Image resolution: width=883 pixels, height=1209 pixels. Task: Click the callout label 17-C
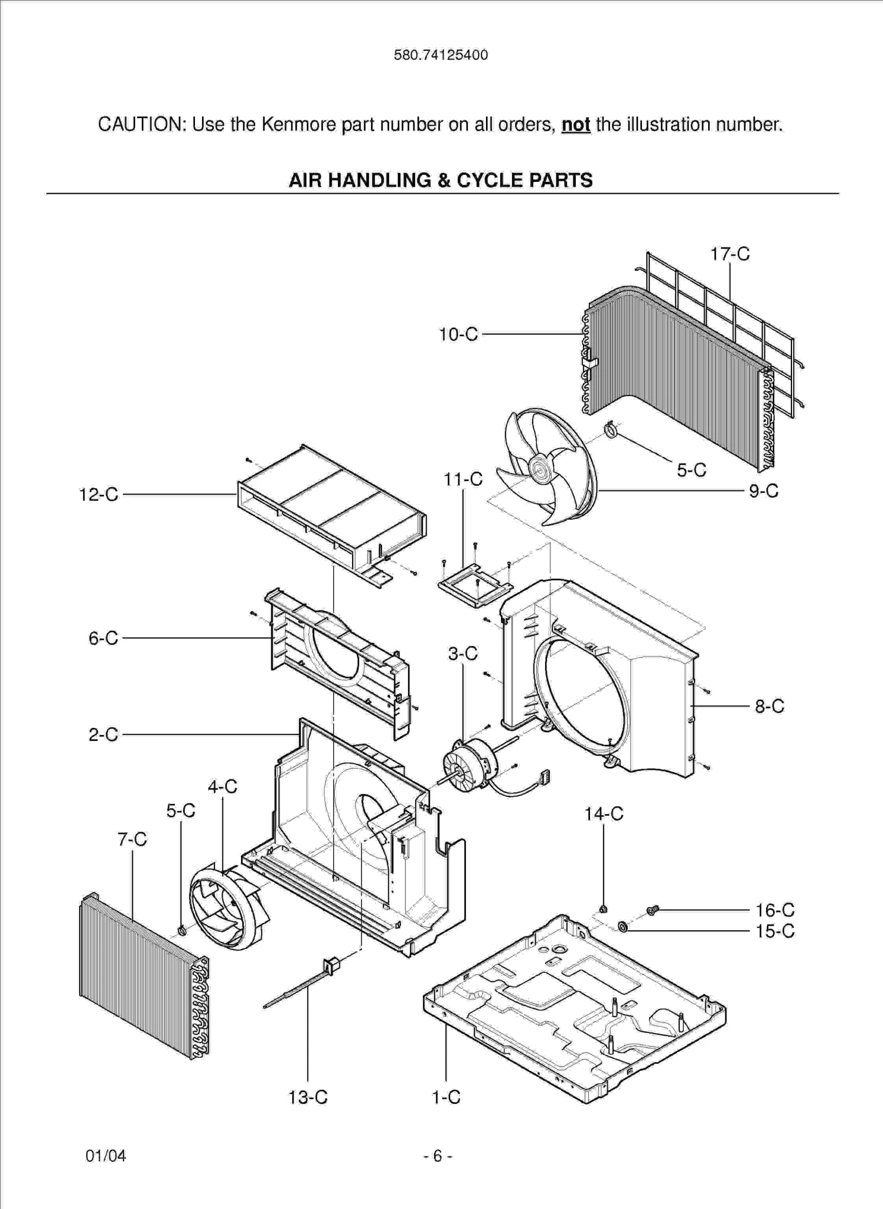(729, 254)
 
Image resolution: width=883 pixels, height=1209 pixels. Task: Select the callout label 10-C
(458, 335)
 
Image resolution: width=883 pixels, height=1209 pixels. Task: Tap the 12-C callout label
(99, 495)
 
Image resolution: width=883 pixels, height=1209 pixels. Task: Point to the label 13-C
(308, 1097)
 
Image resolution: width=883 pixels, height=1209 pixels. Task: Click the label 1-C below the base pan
(446, 1097)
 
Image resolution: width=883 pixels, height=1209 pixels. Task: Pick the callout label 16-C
(775, 910)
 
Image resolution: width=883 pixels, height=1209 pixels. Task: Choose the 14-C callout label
(604, 814)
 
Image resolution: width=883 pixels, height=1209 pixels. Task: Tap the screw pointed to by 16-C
(653, 911)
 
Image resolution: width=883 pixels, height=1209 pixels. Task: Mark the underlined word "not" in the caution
(576, 125)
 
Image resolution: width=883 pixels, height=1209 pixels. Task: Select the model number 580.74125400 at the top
(441, 55)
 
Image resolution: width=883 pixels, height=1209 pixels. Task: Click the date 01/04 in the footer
(106, 1156)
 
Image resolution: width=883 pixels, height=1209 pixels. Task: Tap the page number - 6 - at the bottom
(438, 1156)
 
